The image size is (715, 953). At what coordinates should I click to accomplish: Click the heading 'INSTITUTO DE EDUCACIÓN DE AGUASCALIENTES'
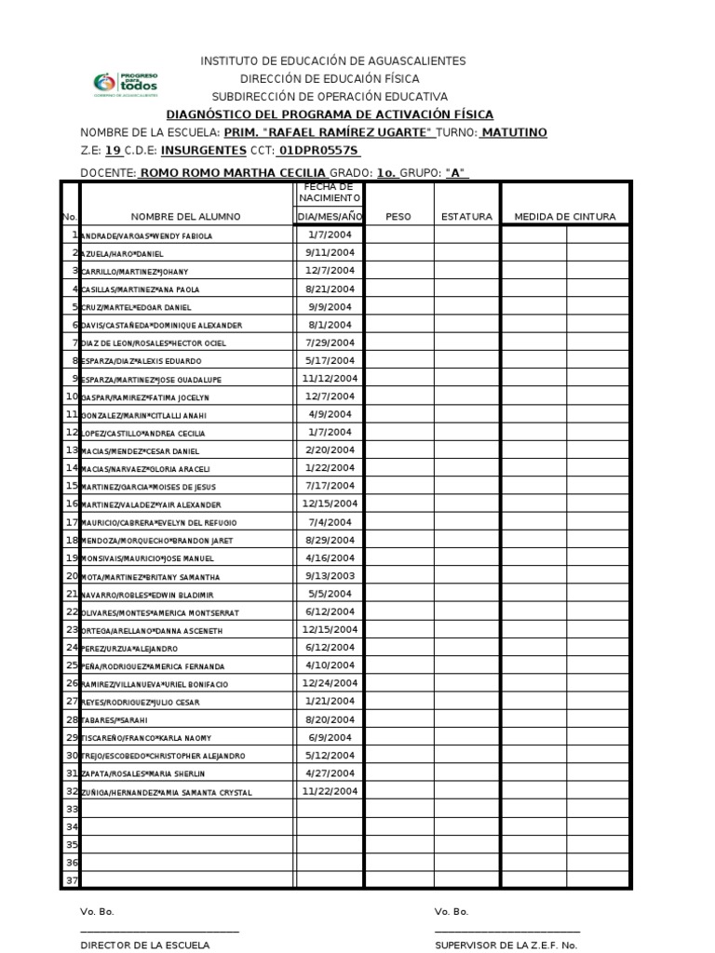333,61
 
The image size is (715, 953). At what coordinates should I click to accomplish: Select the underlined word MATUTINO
515,133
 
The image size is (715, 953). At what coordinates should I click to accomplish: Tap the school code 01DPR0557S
319,151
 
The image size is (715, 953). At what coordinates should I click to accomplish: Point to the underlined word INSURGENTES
203,151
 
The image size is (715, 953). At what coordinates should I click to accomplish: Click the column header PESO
398,217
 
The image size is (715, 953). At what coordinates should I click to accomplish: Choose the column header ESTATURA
466,217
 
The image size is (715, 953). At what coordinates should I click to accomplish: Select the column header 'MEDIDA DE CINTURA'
565,217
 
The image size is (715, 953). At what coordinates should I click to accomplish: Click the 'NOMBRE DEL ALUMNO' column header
185,217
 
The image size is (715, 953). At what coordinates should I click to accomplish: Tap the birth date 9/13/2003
329,576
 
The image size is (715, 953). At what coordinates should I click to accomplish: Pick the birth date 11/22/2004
329,791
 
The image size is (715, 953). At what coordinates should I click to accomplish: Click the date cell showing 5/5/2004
329,594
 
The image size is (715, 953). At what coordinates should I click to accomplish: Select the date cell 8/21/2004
329,289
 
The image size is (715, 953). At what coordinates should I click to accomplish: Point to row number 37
72,880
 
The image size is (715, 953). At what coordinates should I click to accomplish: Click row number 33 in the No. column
72,810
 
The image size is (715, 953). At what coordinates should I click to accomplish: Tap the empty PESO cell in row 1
398,235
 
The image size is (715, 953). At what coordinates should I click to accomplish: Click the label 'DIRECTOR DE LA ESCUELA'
145,945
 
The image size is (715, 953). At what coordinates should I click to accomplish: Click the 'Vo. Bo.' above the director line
98,912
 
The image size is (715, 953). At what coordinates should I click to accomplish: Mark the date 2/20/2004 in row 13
329,450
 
